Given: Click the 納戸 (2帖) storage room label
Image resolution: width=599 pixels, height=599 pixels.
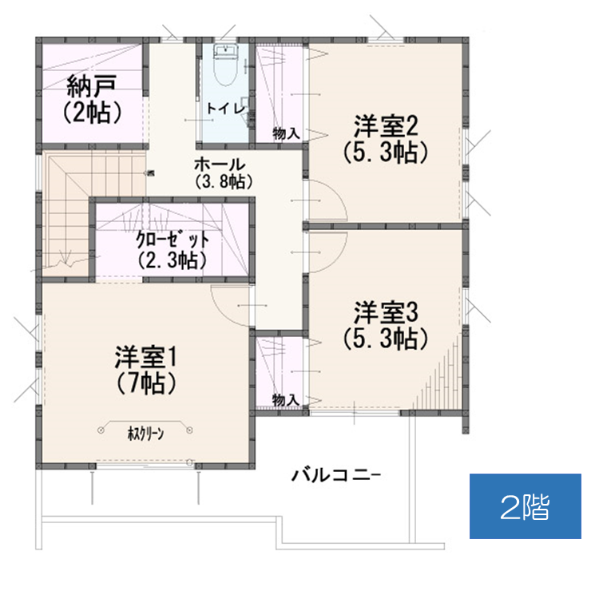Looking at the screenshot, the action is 92,99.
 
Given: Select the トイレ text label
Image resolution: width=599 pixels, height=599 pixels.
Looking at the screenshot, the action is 226,108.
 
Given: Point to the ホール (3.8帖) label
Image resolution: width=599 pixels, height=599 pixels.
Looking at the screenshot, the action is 224,173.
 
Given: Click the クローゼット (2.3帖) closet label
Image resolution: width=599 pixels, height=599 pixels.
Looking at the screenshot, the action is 173,250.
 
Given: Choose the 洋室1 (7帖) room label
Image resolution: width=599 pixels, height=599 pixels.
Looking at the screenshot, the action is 145,369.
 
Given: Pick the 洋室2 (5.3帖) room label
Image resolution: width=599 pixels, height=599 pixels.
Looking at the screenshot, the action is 386,139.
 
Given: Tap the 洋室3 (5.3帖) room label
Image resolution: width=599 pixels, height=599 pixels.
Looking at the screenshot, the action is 386,325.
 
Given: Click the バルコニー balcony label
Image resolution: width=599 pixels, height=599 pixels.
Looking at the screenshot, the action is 335,475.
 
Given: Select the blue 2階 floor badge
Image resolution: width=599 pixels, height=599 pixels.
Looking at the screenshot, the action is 526,506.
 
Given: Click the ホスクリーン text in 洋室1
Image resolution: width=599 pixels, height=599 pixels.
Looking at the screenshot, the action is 145,434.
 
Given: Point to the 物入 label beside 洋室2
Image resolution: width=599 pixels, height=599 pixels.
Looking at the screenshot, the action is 286,133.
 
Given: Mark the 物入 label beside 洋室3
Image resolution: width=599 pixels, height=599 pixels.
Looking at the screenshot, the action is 286,400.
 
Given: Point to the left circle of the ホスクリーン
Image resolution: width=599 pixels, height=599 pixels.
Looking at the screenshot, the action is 101,430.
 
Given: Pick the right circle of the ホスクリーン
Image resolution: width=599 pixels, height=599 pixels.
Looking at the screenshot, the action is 189,430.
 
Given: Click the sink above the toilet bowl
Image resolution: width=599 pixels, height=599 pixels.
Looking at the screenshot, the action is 226,50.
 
